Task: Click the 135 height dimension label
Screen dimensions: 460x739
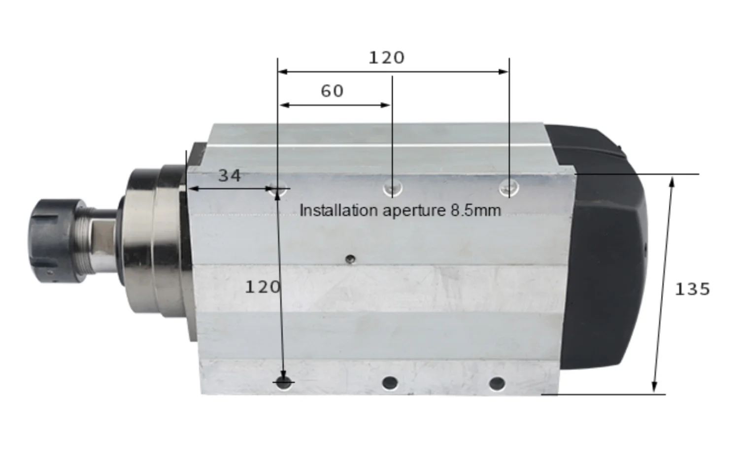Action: pyautogui.click(x=692, y=289)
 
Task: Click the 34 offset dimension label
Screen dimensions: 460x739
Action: pyautogui.click(x=230, y=176)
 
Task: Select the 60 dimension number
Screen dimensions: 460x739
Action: pyautogui.click(x=332, y=91)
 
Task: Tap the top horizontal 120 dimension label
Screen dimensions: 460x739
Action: pyautogui.click(x=387, y=58)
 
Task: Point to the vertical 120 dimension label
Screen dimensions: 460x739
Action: pyautogui.click(x=262, y=287)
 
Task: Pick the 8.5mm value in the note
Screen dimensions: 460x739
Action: pyautogui.click(x=475, y=210)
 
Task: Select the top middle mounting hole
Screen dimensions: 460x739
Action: pyautogui.click(x=393, y=188)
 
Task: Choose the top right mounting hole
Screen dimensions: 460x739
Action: pyautogui.click(x=509, y=187)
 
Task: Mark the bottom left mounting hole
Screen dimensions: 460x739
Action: pyautogui.click(x=284, y=382)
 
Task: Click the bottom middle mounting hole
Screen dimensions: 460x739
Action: pyautogui.click(x=390, y=382)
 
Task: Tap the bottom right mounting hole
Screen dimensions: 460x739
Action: pyautogui.click(x=497, y=383)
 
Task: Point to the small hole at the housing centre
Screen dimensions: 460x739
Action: pyautogui.click(x=350, y=259)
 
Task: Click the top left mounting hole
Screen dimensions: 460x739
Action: pyautogui.click(x=278, y=188)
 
